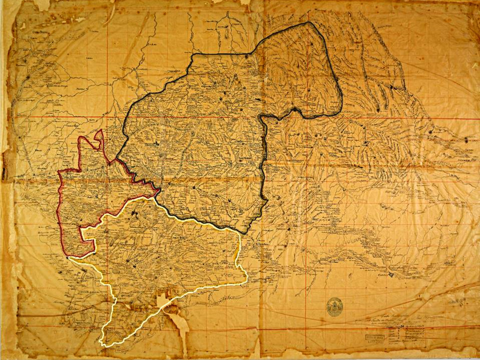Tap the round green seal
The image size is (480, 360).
[x=334, y=306]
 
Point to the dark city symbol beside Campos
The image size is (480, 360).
[x=392, y=273]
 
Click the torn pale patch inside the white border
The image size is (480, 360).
[x=163, y=300]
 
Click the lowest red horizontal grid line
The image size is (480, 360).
[x=240, y=327]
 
